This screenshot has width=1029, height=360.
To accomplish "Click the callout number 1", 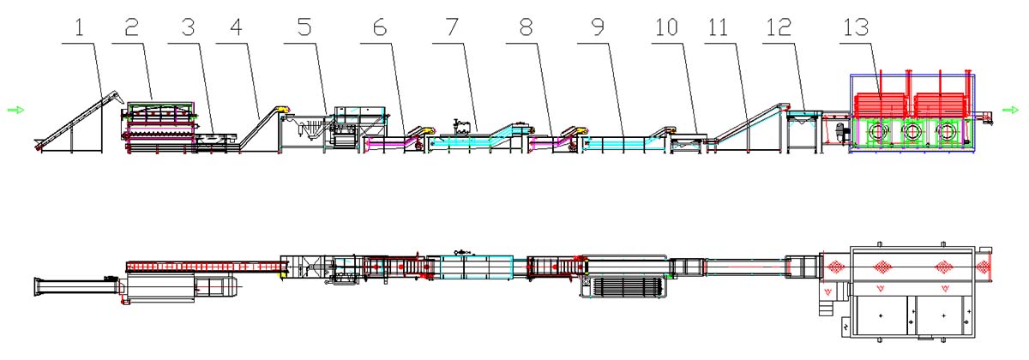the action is (x=80, y=27).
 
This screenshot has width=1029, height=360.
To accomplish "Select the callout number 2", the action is (x=131, y=27).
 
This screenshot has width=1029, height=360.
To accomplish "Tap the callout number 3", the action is (x=188, y=27).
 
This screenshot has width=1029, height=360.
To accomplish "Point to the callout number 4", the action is (x=236, y=27).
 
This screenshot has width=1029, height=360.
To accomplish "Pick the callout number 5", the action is (x=304, y=27).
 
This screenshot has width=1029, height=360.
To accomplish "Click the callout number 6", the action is (x=380, y=27).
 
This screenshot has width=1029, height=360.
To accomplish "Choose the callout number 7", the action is (x=452, y=27).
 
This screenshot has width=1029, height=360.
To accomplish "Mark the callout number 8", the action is (x=526, y=27).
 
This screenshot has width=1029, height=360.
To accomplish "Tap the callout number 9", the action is (x=598, y=27).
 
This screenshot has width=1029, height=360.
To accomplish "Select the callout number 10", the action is (x=666, y=27).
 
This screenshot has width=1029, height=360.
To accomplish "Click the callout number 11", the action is (x=718, y=27).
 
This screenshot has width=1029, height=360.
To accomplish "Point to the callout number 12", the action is (x=779, y=27).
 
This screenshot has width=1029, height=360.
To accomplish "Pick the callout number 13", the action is (x=857, y=27).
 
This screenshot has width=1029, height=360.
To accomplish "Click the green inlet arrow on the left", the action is (x=16, y=110).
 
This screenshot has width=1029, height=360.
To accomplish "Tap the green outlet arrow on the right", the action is (x=1010, y=110).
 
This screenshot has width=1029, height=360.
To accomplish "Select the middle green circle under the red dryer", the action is (x=911, y=132).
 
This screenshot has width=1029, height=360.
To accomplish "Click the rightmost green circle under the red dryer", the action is (x=946, y=132).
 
